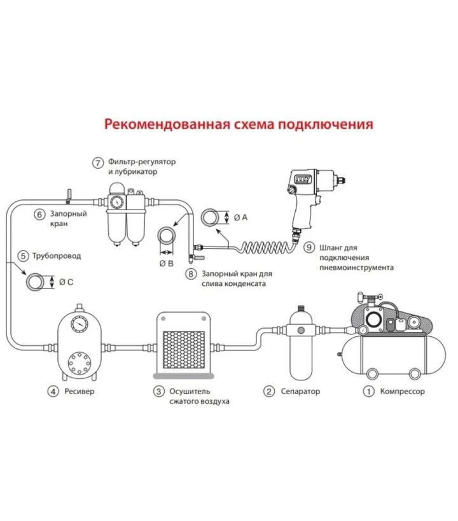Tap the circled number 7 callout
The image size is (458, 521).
(x=98, y=162)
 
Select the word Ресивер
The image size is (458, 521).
(x=80, y=391)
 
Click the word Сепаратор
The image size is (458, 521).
(x=300, y=391)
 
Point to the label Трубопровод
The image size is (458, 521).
(x=58, y=256)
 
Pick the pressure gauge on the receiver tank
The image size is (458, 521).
(x=80, y=323)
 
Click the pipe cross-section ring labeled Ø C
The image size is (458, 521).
(x=36, y=281)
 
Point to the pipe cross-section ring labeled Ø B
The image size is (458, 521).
(x=167, y=236)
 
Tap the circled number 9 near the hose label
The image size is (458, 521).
(x=309, y=246)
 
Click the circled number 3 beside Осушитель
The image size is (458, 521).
(x=158, y=391)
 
